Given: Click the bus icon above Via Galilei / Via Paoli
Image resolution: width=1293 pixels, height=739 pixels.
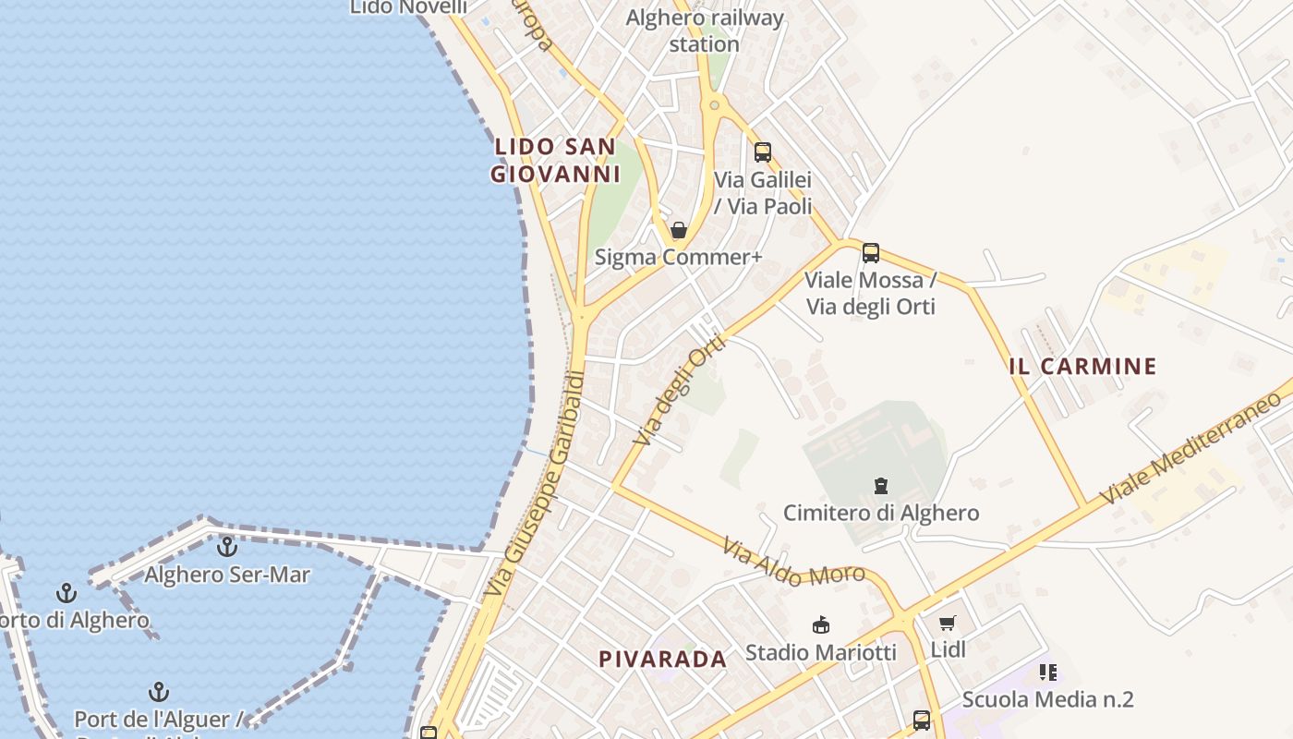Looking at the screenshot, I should [763, 152].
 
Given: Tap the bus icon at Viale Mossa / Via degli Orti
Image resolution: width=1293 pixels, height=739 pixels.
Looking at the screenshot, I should [871, 252].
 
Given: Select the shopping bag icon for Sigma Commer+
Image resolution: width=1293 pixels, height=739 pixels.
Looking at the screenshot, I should [679, 230].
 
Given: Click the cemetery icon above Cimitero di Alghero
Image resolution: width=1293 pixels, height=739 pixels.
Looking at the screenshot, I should [882, 485].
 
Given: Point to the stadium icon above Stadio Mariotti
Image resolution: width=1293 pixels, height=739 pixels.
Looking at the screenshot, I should [820, 625].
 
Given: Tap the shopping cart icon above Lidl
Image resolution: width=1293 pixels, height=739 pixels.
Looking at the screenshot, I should [948, 624].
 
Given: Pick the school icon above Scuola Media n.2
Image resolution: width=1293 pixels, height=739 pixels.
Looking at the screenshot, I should [1047, 672].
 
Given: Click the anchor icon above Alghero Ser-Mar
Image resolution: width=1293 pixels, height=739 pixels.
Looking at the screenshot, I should [227, 547].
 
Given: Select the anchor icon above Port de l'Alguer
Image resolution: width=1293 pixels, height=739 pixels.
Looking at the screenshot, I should [159, 692].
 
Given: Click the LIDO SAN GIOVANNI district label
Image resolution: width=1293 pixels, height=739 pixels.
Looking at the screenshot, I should [555, 160].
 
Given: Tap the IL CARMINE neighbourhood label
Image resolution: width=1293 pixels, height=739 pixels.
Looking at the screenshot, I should [1083, 366].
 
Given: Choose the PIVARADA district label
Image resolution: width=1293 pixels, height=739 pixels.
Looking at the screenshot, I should [663, 660].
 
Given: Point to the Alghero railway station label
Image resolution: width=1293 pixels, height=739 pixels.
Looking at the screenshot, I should [705, 30].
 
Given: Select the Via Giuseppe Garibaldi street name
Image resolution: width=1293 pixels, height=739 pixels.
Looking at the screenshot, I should [537, 484].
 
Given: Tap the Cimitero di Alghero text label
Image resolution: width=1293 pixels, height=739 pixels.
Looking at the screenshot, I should [881, 513].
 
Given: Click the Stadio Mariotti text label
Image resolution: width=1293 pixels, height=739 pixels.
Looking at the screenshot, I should [820, 652].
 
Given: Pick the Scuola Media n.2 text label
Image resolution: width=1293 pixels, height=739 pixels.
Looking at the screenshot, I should [1047, 699].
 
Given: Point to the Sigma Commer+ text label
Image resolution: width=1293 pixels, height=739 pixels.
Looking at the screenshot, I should [679, 257].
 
